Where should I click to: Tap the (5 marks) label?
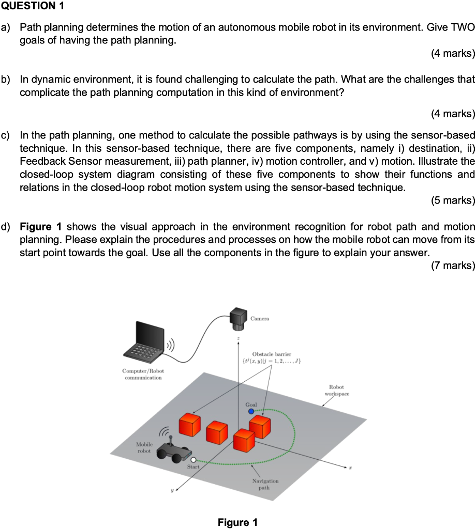pos(452,200)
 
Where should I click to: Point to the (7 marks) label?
pos(452,266)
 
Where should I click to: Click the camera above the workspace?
pos(239,317)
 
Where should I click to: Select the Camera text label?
pos(260,319)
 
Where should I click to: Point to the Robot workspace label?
pos(337,390)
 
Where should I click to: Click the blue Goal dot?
pos(251,412)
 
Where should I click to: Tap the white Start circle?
pos(193,459)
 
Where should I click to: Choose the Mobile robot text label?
pos(144,447)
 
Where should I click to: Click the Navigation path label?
pos(265,484)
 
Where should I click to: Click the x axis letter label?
pos(350,467)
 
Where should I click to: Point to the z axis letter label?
pos(238,338)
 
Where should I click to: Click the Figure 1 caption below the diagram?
pos(237,522)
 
